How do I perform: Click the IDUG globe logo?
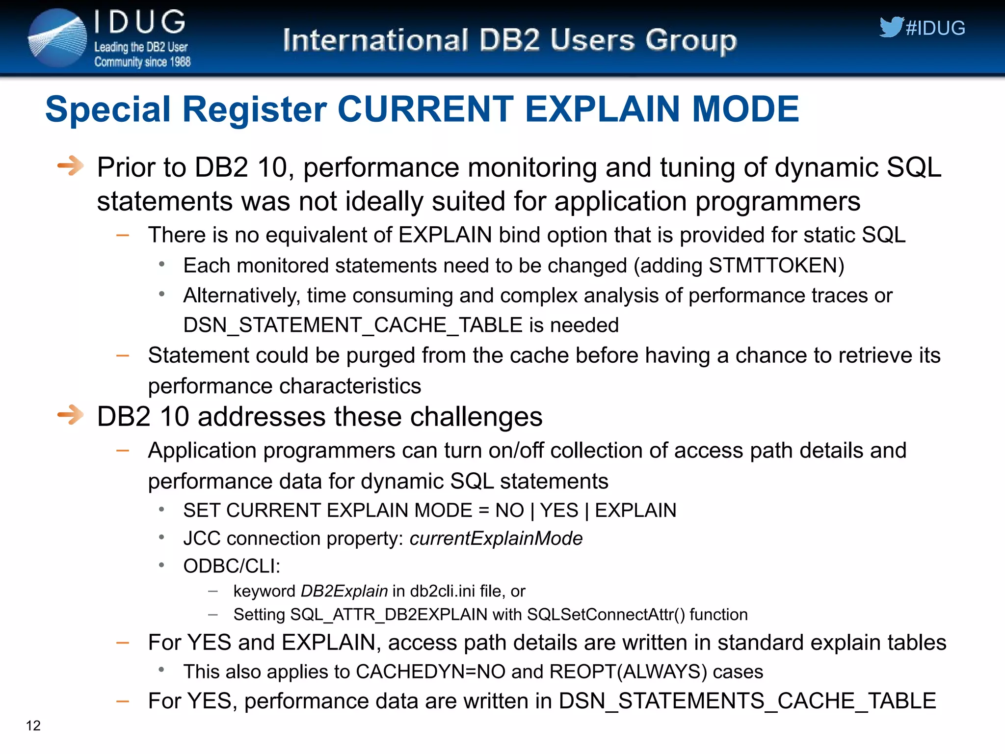click(58, 38)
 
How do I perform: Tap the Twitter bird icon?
click(891, 27)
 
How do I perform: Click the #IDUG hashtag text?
click(935, 28)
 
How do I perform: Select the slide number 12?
click(33, 726)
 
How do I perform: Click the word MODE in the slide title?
click(745, 109)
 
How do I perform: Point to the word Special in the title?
click(108, 109)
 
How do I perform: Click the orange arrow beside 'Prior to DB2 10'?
click(70, 165)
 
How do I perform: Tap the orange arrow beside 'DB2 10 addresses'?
click(70, 415)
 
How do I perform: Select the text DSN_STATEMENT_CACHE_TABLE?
click(353, 325)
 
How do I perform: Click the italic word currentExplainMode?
click(496, 539)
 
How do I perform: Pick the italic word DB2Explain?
click(344, 591)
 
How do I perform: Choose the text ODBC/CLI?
click(232, 566)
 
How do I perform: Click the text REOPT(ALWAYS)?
click(628, 672)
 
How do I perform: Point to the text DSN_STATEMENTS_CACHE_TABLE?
click(747, 701)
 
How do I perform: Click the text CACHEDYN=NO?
click(430, 672)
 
